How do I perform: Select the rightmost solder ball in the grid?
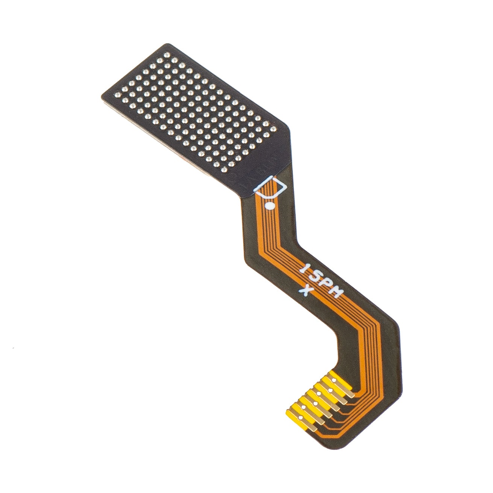point(273,129)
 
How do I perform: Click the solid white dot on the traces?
point(269,205)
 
